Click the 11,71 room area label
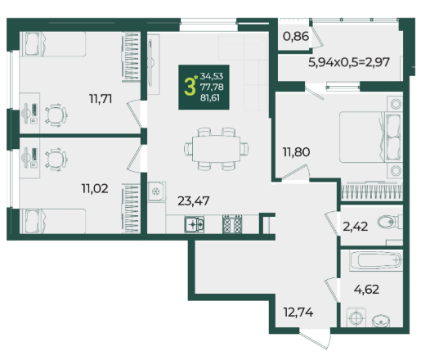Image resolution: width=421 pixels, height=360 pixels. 101,99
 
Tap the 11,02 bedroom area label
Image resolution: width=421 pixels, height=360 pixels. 95,188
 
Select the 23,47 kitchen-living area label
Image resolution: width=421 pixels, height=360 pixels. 194,201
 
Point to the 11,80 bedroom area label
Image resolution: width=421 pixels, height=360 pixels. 296,152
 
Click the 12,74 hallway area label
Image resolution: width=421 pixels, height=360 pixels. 298,312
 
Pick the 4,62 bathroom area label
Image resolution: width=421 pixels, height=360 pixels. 366,289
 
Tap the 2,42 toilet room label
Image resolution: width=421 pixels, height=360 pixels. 355,227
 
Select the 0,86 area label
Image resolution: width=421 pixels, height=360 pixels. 296,36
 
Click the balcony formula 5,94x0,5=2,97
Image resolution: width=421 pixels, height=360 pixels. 349,62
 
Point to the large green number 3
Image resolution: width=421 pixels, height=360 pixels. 190,87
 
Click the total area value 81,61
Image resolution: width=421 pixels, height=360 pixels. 210,97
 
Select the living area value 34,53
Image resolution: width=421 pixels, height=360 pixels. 212,76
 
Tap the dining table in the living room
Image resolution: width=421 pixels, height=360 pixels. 216,149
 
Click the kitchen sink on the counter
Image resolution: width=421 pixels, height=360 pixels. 194,224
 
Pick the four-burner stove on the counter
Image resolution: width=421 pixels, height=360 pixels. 232,224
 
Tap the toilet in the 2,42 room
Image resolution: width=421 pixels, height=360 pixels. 390,222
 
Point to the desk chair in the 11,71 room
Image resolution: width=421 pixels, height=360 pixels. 56,115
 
